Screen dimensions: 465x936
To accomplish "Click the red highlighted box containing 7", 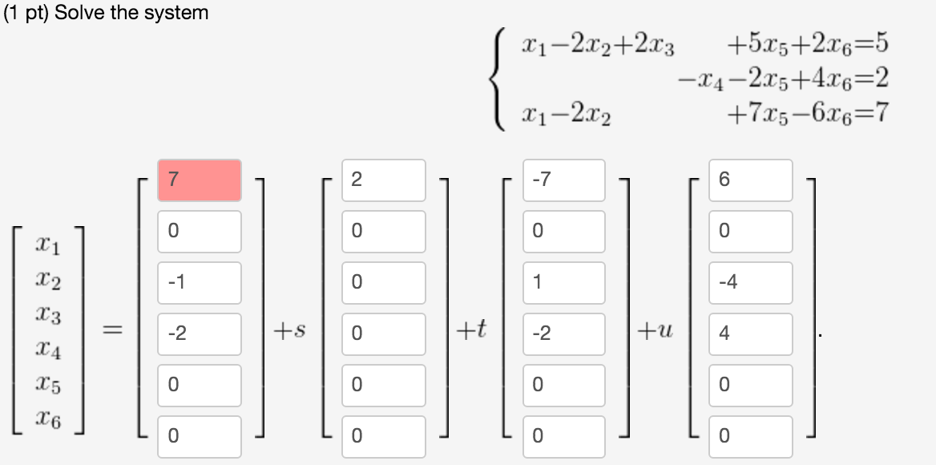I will pos(200,180).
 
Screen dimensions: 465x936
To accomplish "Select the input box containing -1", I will pos(200,282).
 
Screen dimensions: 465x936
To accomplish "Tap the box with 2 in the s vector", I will pos(384,180).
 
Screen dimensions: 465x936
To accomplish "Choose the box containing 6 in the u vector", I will pos(751,180).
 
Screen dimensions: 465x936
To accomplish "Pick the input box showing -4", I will pos(751,282).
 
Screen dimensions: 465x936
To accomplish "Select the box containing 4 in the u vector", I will pos(751,334).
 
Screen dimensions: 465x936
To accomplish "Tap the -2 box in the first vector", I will pos(200,334).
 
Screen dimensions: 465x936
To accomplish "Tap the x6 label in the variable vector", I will pos(47,417).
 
